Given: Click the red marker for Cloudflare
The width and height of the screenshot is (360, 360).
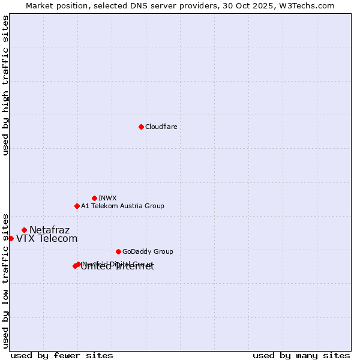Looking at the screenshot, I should (x=141, y=127).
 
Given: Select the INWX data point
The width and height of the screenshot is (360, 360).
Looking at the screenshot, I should (x=94, y=198).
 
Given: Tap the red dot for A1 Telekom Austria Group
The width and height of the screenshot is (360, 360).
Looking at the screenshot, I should (x=77, y=206).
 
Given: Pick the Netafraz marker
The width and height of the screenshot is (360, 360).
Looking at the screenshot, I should (x=24, y=230).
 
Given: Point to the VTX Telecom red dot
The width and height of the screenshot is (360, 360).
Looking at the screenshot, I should (x=11, y=238).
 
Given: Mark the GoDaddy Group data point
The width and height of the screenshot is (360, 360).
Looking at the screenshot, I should (x=118, y=251).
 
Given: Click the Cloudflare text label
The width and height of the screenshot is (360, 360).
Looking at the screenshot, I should (x=161, y=127).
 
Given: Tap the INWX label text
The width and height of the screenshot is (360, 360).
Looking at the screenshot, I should (x=107, y=198).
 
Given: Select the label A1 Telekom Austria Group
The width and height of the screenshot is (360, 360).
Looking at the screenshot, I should (x=122, y=206).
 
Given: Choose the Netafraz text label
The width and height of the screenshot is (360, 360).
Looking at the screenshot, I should (x=49, y=230).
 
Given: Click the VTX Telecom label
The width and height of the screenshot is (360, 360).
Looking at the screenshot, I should (x=47, y=238).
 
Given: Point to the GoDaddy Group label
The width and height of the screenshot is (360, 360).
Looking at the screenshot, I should (x=147, y=251).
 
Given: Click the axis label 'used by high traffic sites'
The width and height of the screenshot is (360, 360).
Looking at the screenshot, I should (x=5, y=86).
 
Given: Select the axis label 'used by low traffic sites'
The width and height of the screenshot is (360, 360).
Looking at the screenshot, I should (x=5, y=280).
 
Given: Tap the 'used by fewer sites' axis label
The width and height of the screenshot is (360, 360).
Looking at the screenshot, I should (x=62, y=355).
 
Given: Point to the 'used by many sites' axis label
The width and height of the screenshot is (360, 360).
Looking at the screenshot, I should (x=301, y=355).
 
